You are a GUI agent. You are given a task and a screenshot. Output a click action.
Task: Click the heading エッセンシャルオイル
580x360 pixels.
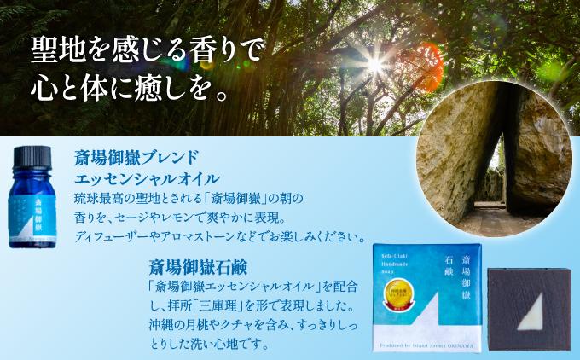[147, 178]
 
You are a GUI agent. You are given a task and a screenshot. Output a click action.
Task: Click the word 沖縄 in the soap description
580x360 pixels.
[159, 326]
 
